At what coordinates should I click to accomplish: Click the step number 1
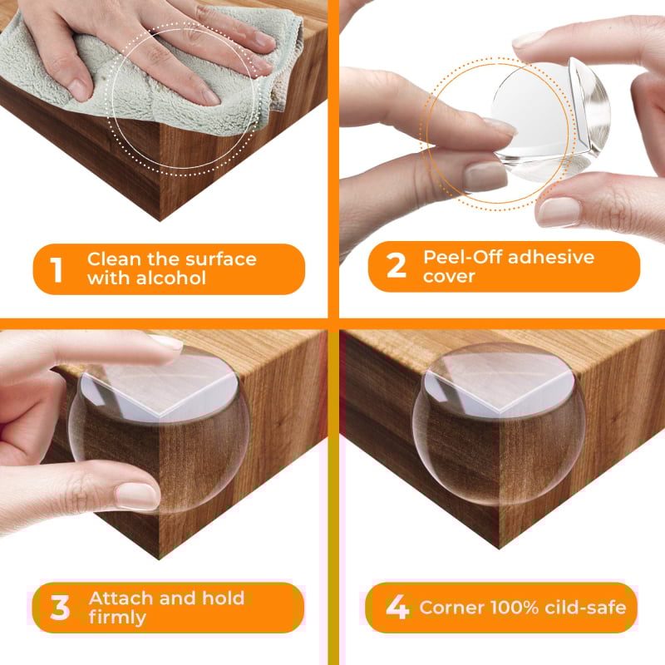57,269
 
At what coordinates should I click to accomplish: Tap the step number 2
397,266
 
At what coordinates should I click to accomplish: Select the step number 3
60,608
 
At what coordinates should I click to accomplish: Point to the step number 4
397,608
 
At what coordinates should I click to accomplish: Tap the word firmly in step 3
117,618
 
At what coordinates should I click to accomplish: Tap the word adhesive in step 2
551,257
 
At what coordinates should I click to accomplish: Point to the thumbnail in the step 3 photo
136,496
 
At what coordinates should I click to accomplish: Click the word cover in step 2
449,276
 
